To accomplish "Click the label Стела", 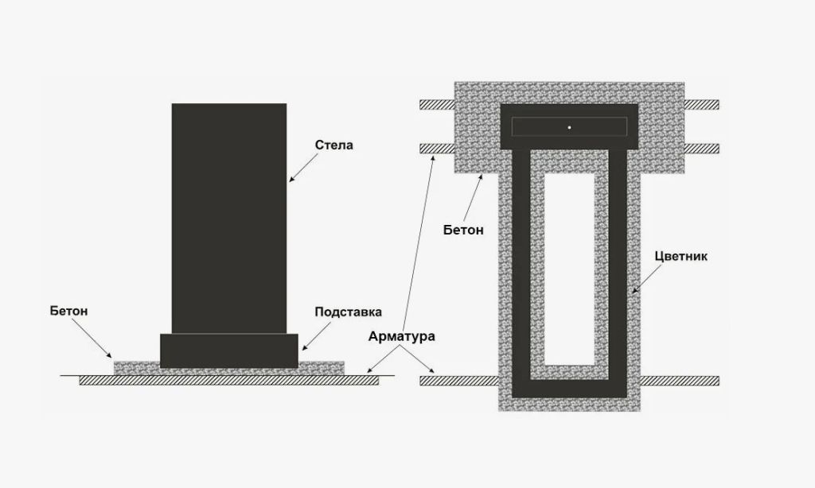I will point(333,145).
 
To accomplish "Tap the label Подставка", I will point(348,312).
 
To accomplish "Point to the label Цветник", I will point(680,257).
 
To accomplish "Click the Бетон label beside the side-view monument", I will point(68,311).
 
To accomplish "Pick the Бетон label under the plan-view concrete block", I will point(463,230).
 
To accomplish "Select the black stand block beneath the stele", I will point(229,351).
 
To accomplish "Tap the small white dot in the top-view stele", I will point(570,127).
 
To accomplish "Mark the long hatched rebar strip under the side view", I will point(229,381).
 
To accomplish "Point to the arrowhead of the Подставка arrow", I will point(302,350).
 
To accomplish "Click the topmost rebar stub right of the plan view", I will point(701,104).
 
